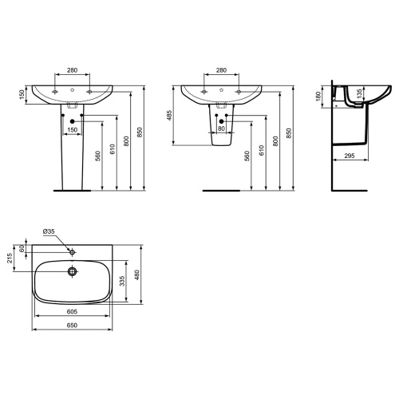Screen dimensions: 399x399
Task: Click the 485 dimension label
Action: (x=169, y=116)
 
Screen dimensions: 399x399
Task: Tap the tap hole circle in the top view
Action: (x=72, y=250)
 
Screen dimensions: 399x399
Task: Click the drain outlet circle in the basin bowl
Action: (x=72, y=271)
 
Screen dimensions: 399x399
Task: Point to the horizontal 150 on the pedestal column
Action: (x=72, y=129)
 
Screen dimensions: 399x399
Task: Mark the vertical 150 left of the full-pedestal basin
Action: (x=22, y=95)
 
